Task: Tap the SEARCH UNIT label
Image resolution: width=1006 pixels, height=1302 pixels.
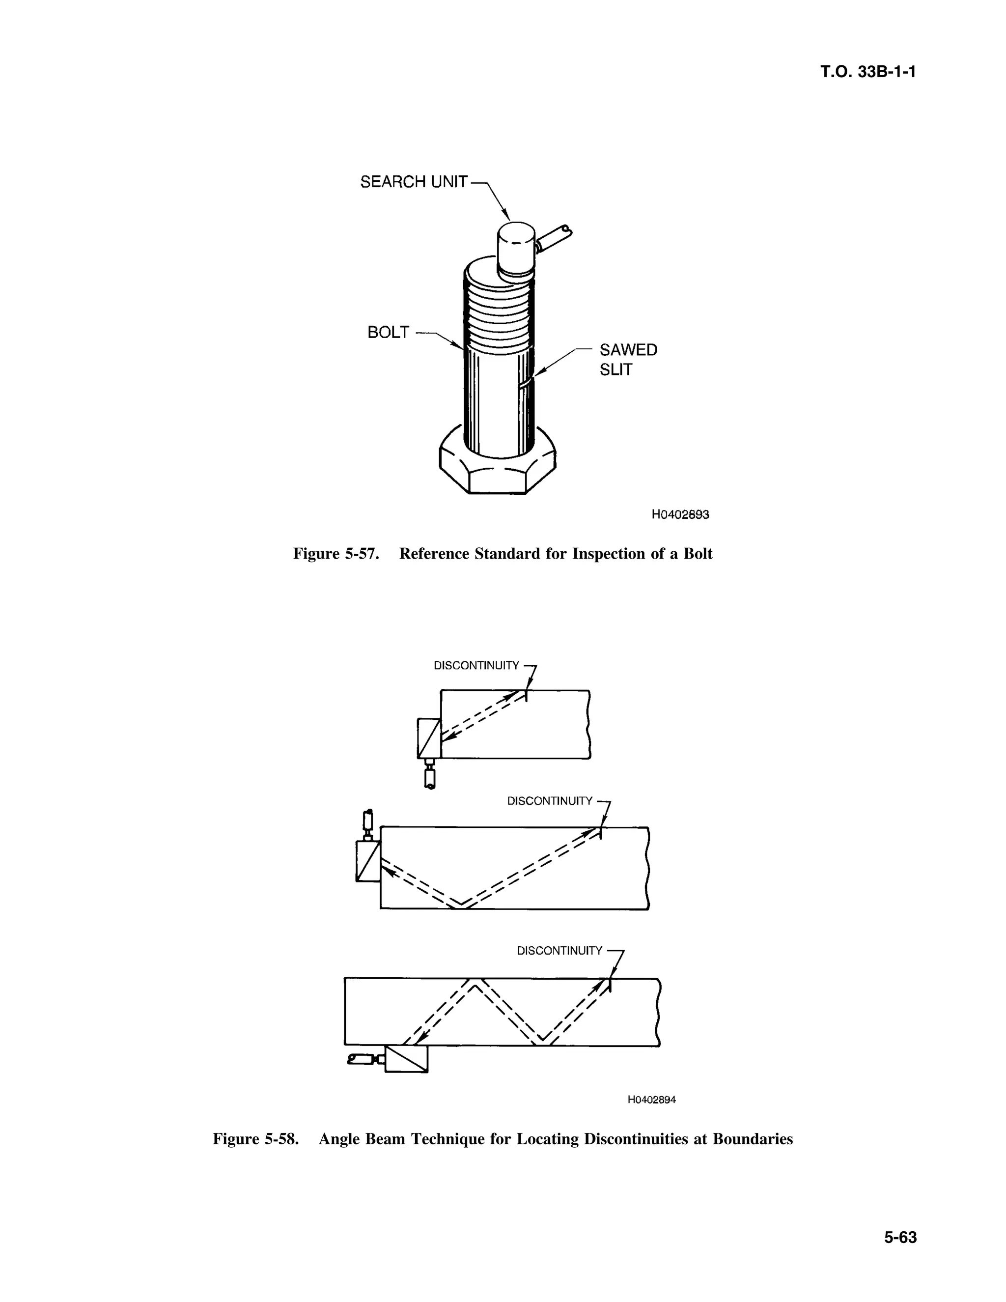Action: tap(414, 182)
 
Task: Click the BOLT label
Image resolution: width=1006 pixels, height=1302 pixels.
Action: tap(388, 333)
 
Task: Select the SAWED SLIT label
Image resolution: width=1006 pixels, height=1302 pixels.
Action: tap(628, 360)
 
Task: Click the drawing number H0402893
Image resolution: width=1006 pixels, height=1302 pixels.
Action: tap(680, 514)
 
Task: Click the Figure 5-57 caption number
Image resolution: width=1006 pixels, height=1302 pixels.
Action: tap(336, 554)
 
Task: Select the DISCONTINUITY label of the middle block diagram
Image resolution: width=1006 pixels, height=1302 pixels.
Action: tap(550, 801)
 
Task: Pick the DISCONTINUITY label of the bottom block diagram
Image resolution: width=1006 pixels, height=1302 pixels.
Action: tap(559, 951)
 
